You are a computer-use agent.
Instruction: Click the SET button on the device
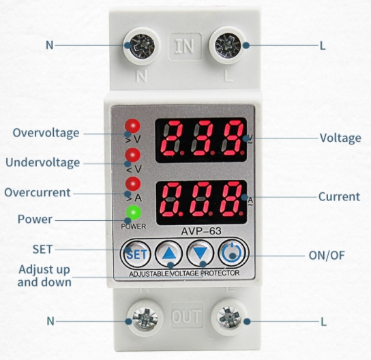tap(135, 254)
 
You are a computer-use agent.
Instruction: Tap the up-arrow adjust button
tap(168, 253)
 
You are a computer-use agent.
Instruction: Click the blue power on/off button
tap(232, 253)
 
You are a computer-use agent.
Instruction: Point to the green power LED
tap(133, 213)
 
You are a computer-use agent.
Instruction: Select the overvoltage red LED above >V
tap(132, 125)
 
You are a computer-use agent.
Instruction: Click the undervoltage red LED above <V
tap(132, 155)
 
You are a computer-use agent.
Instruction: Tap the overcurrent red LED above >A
tap(133, 184)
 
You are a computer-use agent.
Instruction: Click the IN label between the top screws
tap(185, 46)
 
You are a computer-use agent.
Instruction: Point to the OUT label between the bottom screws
tap(187, 316)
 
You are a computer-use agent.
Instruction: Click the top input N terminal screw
tap(142, 46)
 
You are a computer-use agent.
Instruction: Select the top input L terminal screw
tap(228, 45)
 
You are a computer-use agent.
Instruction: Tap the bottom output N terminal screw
tap(145, 318)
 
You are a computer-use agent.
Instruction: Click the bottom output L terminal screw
tap(229, 317)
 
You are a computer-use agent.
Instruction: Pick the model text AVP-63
tap(201, 231)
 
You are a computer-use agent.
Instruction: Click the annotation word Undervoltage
tap(42, 162)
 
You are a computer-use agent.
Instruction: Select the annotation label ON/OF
tap(327, 255)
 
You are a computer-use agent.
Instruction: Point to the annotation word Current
tap(340, 196)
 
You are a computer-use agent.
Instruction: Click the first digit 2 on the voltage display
tap(173, 138)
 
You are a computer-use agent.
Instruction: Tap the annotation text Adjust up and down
tap(44, 275)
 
